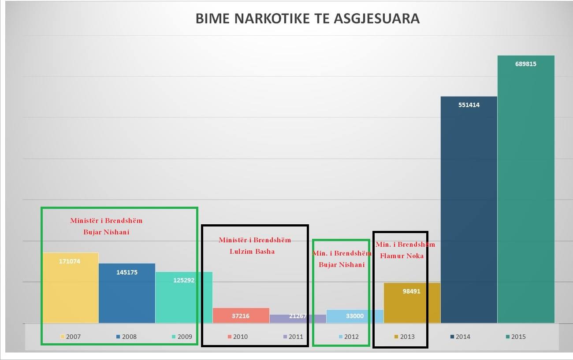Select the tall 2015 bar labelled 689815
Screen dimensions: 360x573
(526, 189)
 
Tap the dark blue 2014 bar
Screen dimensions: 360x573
(469, 212)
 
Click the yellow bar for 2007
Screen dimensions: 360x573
(71, 291)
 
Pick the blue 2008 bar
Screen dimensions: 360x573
(127, 295)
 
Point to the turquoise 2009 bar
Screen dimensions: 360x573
(184, 300)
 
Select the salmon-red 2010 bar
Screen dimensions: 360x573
(241, 315)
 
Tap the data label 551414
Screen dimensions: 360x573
(469, 105)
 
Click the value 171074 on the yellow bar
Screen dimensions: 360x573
(70, 261)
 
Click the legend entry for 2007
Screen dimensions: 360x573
(71, 337)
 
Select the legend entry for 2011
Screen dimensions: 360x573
(293, 337)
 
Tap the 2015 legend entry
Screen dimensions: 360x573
(515, 337)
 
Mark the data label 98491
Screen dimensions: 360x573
(412, 291)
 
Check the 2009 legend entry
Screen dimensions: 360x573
(182, 337)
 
